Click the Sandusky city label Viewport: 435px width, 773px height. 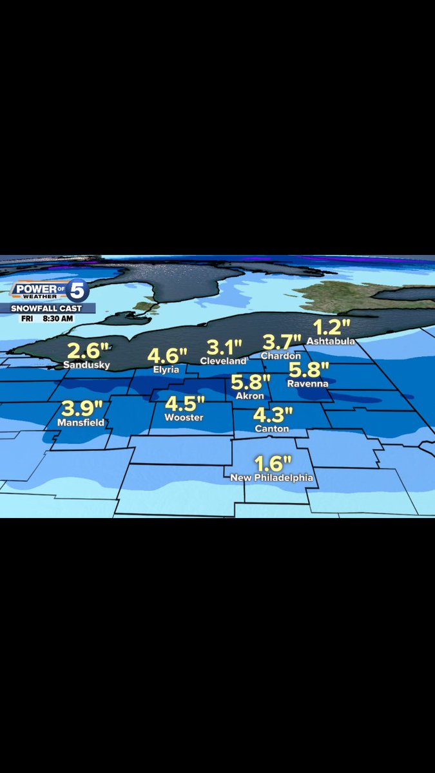tap(86, 365)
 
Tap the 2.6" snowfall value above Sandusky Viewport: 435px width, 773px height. tap(87, 352)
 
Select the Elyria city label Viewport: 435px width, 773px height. tap(166, 370)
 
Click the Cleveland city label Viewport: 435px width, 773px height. tap(223, 361)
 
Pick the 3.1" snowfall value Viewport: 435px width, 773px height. tap(220, 348)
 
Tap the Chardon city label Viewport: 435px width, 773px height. tap(280, 356)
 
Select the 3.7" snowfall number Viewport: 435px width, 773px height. tap(282, 342)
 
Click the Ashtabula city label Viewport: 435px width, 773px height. tap(331, 341)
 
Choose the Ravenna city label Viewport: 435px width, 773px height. tap(307, 384)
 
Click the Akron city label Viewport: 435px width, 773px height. tap(249, 396)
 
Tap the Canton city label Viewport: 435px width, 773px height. tap(271, 428)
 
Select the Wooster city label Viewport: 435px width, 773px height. tap(184, 417)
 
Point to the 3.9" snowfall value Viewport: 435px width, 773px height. tap(82, 408)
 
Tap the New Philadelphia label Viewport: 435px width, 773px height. tap(272, 478)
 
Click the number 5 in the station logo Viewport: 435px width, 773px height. tap(77, 292)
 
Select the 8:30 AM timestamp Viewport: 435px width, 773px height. tap(59, 318)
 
